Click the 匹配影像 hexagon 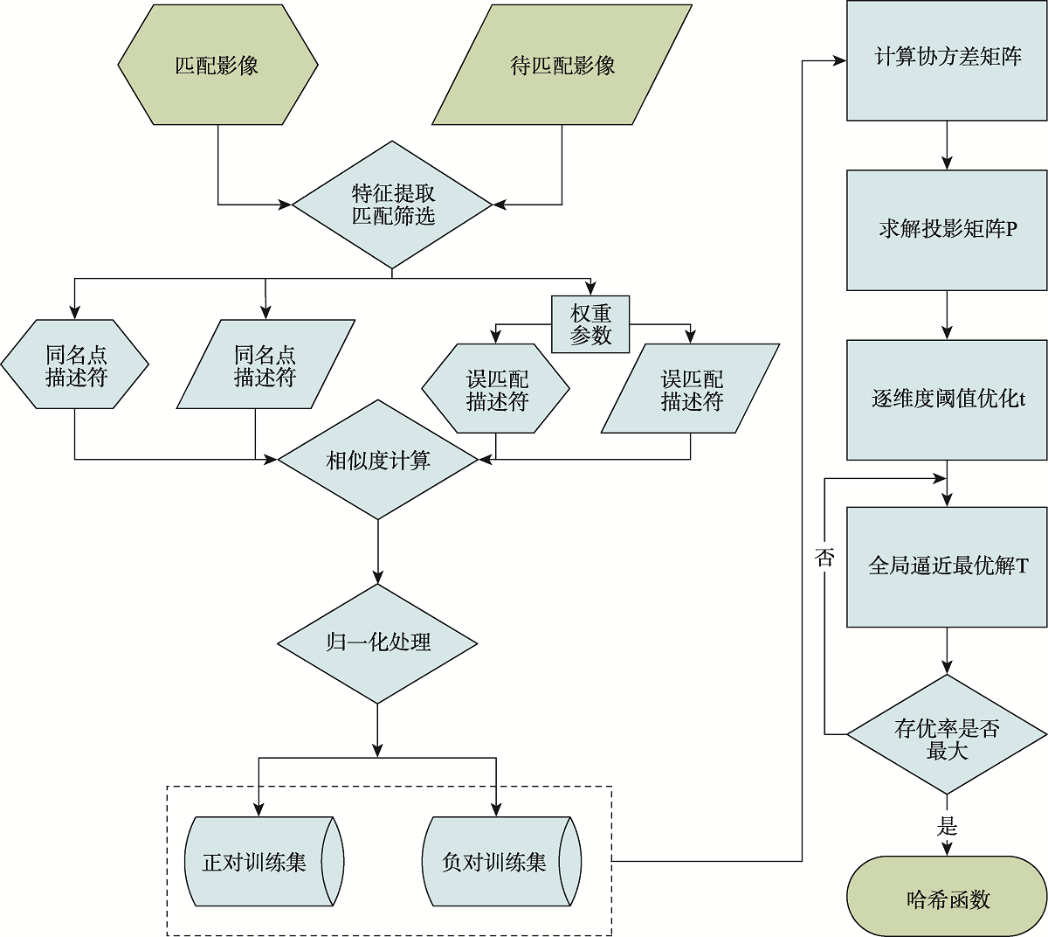point(217,66)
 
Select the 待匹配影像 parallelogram point(562,66)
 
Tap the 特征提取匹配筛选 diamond point(393,205)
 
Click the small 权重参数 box point(590,324)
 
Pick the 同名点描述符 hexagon point(75,365)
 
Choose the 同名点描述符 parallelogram point(265,365)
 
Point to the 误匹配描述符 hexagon point(496,390)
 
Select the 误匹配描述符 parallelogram point(691,390)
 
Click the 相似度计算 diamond point(378,461)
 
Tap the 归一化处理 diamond point(378,643)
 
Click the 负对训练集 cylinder point(496,862)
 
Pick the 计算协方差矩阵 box point(948,59)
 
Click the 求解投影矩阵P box point(948,230)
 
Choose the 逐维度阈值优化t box point(948,399)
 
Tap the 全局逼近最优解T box point(948,566)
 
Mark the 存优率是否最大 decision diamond point(948,735)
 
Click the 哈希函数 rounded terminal point(948,899)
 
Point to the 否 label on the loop point(824,558)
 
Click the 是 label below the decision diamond point(948,826)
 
